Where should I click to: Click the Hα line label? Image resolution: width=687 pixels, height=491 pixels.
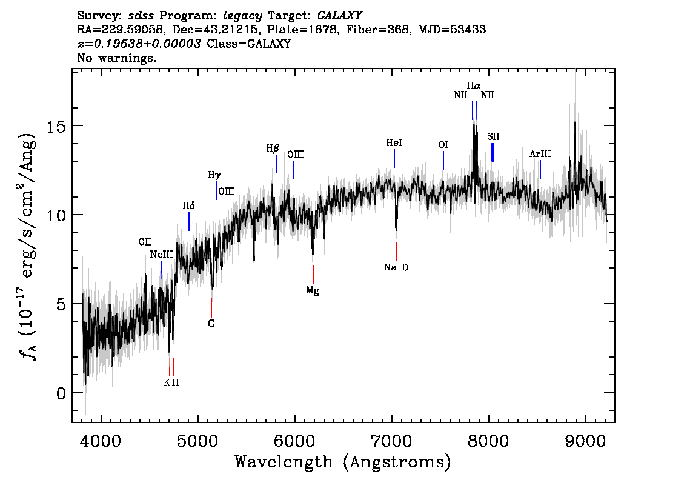pos(474,86)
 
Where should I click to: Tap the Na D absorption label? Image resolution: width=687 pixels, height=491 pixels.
pos(396,267)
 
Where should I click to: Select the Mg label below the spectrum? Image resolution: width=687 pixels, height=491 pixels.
pos(313,290)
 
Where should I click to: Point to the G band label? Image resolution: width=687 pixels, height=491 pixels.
pos(211,323)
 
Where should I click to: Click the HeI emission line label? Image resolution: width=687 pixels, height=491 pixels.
pos(394,143)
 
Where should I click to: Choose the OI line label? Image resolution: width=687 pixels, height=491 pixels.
pos(443,145)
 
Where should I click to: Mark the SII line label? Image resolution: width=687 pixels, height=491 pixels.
pos(493,136)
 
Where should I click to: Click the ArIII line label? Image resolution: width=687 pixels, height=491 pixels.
pos(540,154)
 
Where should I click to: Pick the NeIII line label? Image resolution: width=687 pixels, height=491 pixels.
pos(162,255)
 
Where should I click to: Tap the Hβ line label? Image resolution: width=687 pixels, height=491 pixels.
pos(273,148)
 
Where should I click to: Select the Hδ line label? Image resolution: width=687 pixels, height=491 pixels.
pos(188,205)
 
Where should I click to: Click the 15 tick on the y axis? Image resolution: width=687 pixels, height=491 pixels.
pos(56,126)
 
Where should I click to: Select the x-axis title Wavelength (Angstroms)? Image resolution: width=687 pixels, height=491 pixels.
pos(343,463)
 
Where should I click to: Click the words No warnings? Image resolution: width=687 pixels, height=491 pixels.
pos(117,59)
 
